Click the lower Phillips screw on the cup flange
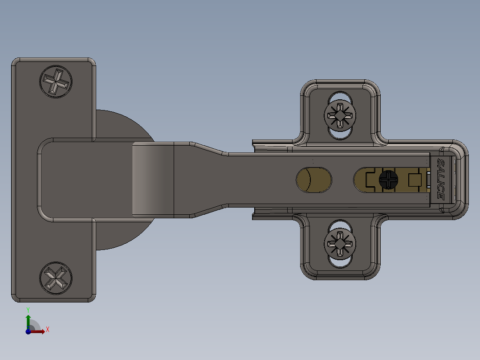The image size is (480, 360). [56, 278]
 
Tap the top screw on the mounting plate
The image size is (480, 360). [341, 115]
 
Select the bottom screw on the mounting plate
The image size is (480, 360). [341, 244]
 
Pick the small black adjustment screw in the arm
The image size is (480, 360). [388, 180]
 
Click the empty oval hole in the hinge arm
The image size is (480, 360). [314, 180]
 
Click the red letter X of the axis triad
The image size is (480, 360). [47, 330]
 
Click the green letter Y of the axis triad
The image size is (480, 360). [28, 309]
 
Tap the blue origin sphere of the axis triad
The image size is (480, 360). [28, 331]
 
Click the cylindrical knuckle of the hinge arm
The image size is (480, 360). [153, 180]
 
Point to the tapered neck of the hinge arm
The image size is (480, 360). [209, 180]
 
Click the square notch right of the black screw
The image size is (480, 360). [415, 180]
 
